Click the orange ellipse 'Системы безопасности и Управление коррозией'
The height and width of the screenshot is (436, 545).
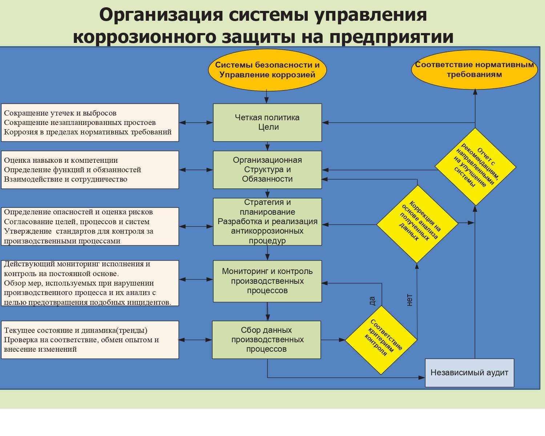point(267,70)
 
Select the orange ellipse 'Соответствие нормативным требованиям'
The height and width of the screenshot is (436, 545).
point(474,70)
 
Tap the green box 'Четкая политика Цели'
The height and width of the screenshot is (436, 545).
point(267,122)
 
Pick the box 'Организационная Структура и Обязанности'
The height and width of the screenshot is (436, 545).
point(267,170)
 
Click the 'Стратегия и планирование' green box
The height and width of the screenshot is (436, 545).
point(267,221)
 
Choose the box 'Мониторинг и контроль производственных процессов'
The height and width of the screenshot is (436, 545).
point(267,281)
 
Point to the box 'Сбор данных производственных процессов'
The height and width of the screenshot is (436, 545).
point(267,340)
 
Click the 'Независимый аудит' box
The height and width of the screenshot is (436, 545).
point(469,373)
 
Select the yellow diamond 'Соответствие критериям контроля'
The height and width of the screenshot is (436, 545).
point(381,340)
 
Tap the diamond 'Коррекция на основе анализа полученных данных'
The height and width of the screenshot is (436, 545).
point(417,224)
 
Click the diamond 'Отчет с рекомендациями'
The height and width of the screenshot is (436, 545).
point(475,167)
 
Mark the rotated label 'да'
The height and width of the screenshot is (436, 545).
point(372,301)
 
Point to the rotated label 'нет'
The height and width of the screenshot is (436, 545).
point(409,300)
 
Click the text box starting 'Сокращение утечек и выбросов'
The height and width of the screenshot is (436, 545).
point(90,122)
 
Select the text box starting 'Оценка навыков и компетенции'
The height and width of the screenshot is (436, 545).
point(90,170)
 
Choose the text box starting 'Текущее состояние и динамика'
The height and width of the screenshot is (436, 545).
point(90,340)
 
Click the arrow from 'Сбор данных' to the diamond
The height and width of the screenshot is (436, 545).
point(333,340)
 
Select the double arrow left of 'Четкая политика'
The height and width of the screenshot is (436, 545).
point(196,122)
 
